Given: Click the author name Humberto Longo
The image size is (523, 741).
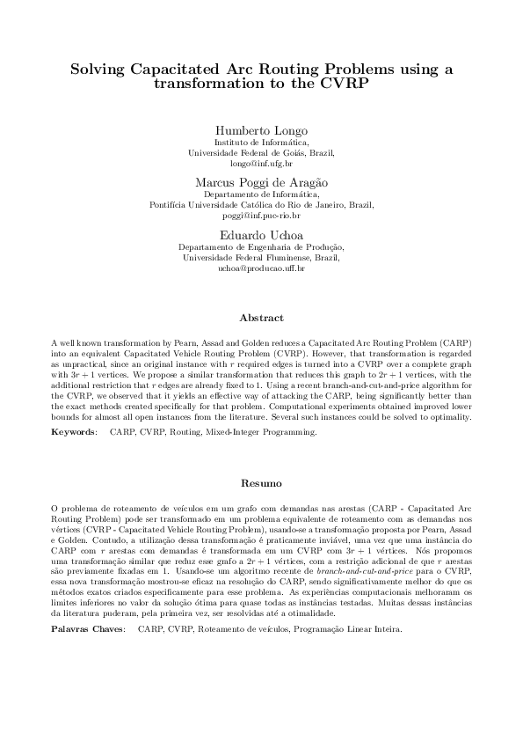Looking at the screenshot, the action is [x=261, y=128].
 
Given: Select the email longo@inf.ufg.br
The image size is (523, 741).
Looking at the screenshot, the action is [x=261, y=163].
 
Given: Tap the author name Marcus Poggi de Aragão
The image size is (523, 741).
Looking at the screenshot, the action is [x=261, y=181].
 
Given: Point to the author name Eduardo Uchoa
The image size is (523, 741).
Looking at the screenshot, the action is [x=261, y=234].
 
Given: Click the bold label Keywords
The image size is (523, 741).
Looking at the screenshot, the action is [x=73, y=433].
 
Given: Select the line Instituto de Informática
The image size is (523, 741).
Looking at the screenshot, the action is [x=261, y=141].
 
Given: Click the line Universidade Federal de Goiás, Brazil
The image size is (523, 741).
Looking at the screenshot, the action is [x=261, y=151].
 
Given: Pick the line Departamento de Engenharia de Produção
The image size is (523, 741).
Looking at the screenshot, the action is [x=261, y=247].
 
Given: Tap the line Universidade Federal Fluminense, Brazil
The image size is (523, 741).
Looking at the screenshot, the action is [x=261, y=258].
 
